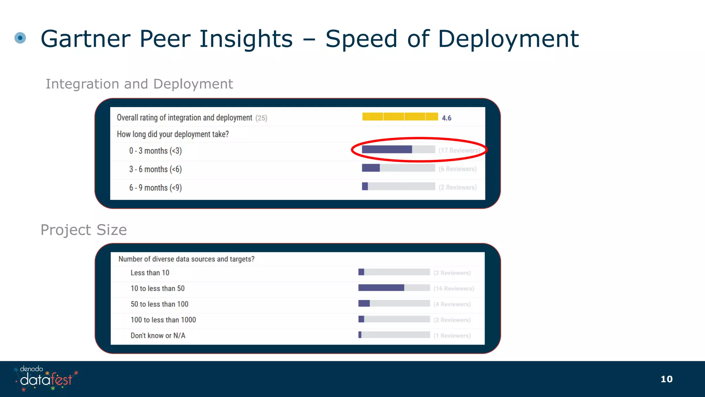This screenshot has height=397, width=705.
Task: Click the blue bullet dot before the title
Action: [x=20, y=38]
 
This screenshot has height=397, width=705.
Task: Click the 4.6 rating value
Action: [x=446, y=118]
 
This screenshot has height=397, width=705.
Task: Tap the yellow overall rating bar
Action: [x=400, y=116]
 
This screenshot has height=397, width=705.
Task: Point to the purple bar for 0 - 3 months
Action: [x=387, y=150]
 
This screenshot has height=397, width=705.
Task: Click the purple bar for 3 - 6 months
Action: [x=371, y=168]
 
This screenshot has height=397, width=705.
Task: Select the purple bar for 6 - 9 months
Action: [x=365, y=186]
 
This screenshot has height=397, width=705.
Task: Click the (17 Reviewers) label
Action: [x=459, y=151]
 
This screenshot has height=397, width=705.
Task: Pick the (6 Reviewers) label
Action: [x=457, y=169]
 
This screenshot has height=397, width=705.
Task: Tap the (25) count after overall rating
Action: [x=261, y=118]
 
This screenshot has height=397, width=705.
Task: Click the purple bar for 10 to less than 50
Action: [x=381, y=288]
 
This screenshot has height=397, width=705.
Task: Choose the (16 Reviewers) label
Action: [x=454, y=288]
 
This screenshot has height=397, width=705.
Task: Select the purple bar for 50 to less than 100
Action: [x=364, y=304]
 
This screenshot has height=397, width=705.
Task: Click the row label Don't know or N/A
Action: [x=158, y=336]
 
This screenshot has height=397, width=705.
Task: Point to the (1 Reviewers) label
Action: [x=452, y=336]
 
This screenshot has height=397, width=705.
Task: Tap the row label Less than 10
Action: [x=150, y=273]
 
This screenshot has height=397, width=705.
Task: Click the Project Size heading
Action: [x=84, y=230]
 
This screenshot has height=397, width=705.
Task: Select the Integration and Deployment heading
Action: [x=139, y=84]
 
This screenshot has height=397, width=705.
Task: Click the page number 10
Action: [x=666, y=379]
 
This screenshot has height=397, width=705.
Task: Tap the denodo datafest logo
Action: [x=46, y=378]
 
